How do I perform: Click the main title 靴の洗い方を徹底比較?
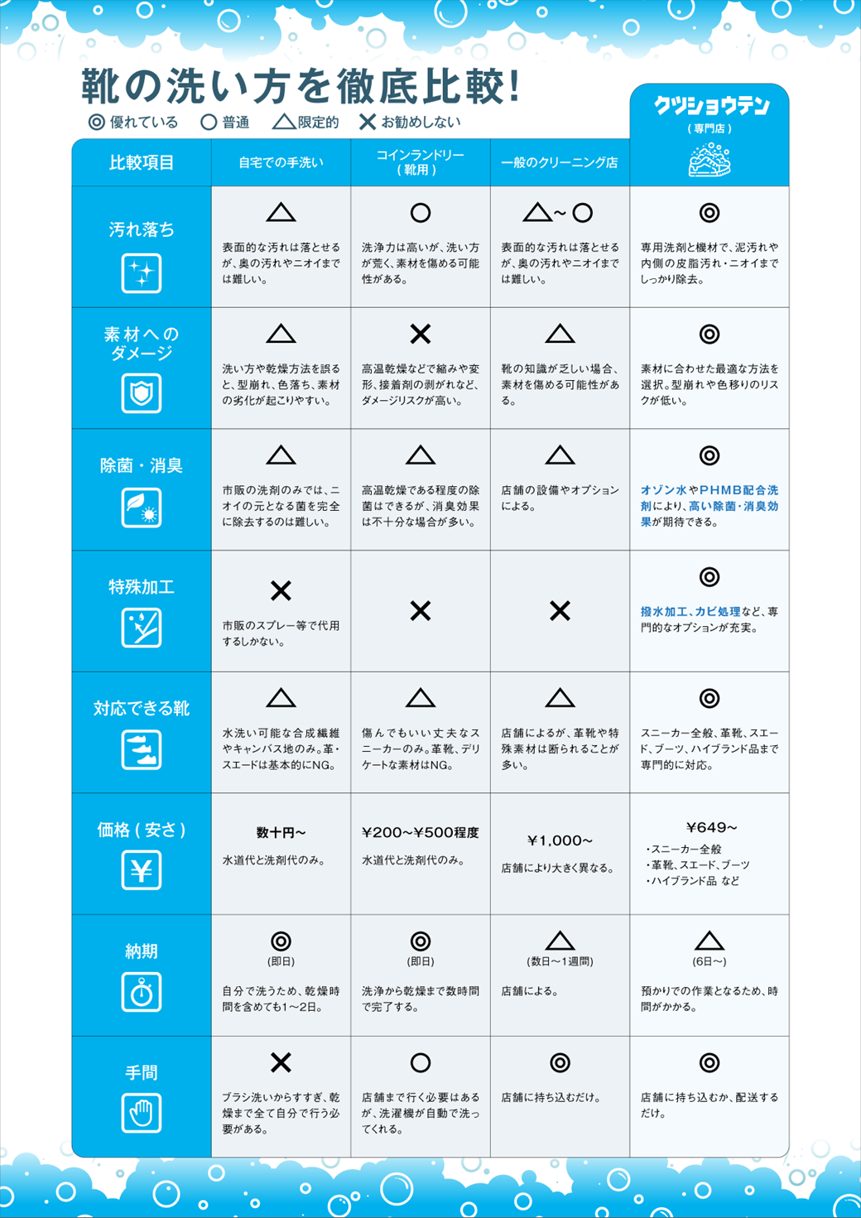tap(301, 86)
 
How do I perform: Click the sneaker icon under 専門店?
tap(709, 160)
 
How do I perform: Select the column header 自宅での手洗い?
tap(281, 163)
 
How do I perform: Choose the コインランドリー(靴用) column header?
tap(421, 162)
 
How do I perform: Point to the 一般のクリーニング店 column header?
tap(560, 163)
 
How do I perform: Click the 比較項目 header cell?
tap(142, 163)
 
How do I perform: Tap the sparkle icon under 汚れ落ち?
tap(142, 273)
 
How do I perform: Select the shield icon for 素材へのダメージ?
tap(142, 393)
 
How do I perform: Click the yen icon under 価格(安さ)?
tap(142, 870)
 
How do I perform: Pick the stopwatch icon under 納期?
tap(142, 992)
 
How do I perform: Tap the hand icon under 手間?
tap(142, 1113)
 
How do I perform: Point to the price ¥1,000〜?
tap(560, 840)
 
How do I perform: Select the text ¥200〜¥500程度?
tap(421, 833)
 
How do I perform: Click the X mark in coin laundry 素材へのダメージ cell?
tap(421, 335)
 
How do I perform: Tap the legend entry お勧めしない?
tap(410, 123)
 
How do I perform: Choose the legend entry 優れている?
tap(133, 123)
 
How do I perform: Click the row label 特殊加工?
tap(142, 587)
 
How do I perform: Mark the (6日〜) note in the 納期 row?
tap(709, 962)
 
